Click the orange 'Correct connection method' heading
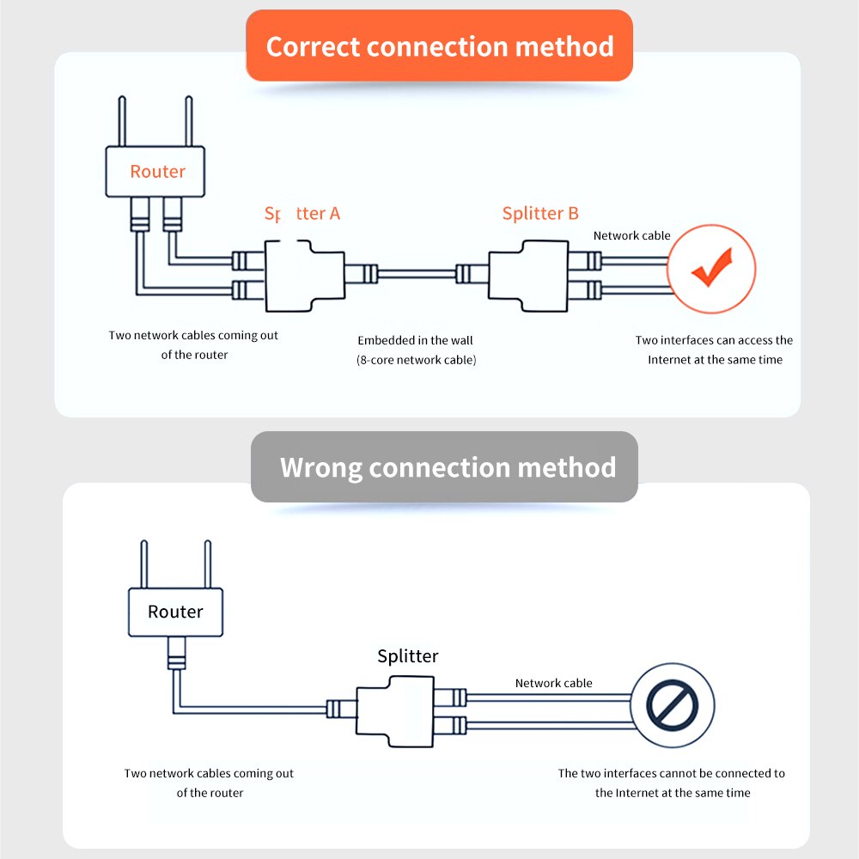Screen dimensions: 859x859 [x=440, y=46]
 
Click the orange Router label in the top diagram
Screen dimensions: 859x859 [x=157, y=171]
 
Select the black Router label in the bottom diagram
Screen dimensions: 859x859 [x=175, y=612]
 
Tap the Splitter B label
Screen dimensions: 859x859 [x=540, y=213]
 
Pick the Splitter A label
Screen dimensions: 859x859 [x=302, y=213]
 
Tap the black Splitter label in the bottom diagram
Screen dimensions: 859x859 [x=408, y=656]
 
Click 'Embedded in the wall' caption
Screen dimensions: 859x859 [x=416, y=340]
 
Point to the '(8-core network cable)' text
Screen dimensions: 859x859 [x=416, y=360]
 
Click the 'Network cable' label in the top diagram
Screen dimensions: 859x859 [x=631, y=235]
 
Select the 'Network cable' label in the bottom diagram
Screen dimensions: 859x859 [x=553, y=683]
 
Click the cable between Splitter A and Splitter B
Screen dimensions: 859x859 [x=417, y=275]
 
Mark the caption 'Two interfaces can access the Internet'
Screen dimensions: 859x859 [x=714, y=340]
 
